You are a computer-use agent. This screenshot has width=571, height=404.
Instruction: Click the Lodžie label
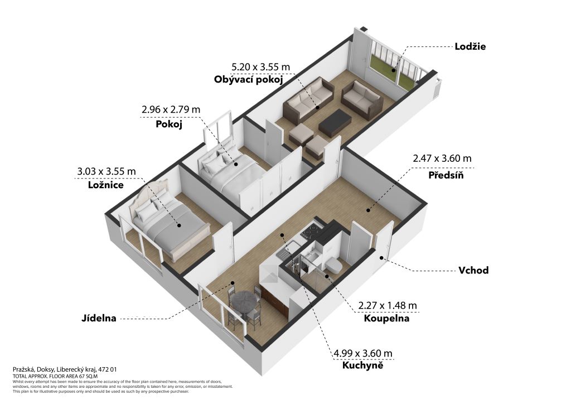[470, 47]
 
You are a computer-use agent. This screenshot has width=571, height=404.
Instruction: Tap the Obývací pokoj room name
[248, 79]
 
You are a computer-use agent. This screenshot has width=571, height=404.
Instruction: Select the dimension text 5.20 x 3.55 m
[261, 67]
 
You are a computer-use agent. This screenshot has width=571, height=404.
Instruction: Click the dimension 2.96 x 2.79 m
[171, 109]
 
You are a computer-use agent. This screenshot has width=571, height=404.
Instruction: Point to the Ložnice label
[106, 185]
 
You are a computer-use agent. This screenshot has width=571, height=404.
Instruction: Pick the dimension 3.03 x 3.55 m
[107, 171]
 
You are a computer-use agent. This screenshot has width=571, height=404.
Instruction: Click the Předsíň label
[446, 175]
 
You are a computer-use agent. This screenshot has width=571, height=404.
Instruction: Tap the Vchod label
[473, 270]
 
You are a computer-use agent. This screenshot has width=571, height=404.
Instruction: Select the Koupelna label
[386, 319]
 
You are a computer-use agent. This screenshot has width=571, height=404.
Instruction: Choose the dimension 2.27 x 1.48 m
[388, 305]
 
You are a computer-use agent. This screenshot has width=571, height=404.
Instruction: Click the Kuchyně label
[362, 365]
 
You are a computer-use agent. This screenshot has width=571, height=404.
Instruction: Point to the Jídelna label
[99, 319]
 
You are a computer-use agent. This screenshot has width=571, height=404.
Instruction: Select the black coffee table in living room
[335, 123]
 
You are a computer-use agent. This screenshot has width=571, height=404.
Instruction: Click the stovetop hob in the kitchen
[312, 232]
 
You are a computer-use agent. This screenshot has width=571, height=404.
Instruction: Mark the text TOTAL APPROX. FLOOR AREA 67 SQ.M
[55, 376]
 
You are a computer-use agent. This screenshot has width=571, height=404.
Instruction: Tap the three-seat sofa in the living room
[308, 99]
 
